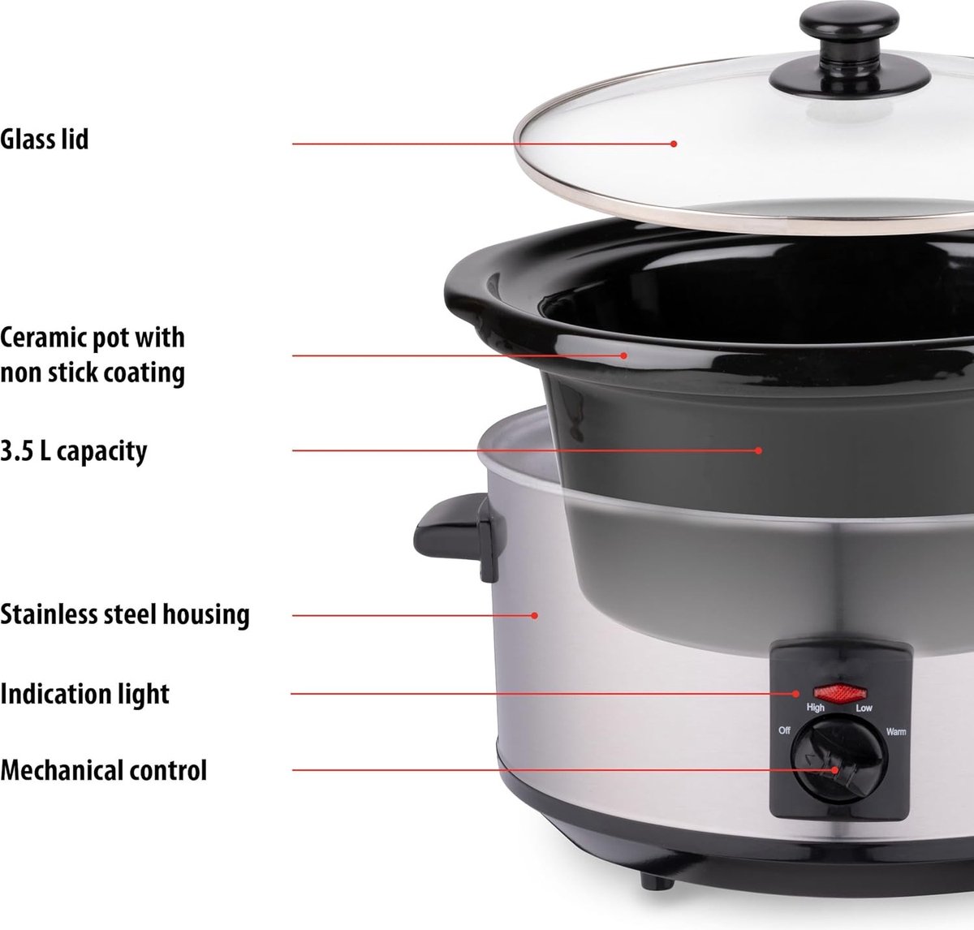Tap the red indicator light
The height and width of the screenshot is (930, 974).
840,693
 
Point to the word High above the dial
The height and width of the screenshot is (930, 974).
816,708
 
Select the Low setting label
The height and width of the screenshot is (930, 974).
864,708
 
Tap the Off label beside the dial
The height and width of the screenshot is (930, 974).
784,730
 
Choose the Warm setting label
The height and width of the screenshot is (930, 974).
896,731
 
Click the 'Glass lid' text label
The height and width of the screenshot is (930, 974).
44,139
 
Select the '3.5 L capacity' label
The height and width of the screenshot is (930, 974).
74,452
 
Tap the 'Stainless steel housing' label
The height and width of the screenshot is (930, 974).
125,614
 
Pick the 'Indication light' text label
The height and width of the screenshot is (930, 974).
84,695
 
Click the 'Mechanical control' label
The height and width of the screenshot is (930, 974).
104,770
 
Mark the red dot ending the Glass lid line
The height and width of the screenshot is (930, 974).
674,144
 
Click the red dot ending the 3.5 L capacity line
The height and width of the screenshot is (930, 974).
758,450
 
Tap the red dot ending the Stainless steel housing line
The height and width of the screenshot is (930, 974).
535,615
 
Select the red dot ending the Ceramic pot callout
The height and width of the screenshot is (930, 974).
623,355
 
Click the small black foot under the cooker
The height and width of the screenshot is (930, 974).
657,881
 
